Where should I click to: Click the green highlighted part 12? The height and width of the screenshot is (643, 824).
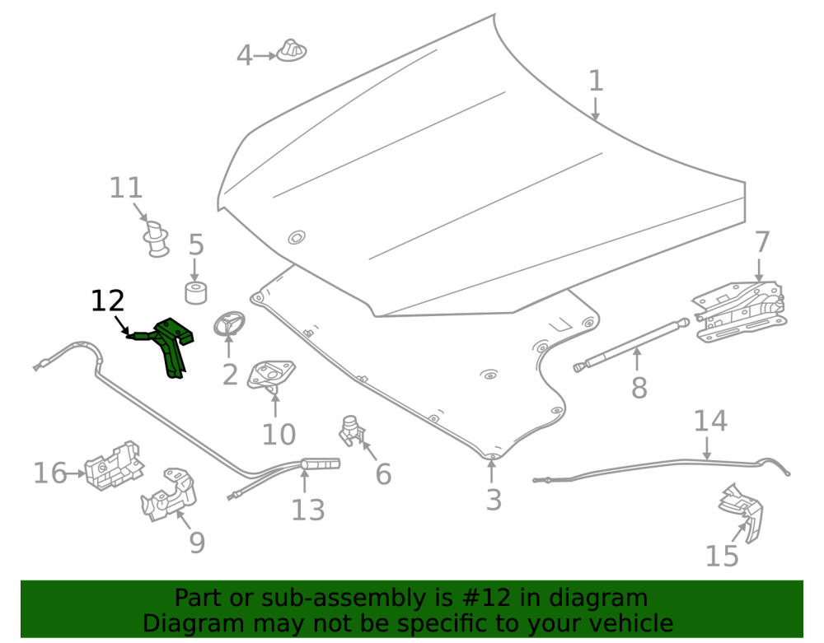tap(171, 344)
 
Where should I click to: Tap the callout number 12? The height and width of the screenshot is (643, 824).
tap(108, 301)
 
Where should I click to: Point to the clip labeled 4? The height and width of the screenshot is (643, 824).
tap(291, 50)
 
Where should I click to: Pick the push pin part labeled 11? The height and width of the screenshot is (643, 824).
tap(156, 240)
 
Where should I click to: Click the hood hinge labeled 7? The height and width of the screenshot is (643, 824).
tap(741, 311)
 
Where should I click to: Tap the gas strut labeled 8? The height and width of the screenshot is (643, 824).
tap(631, 345)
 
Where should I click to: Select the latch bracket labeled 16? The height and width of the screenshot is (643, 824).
tap(115, 466)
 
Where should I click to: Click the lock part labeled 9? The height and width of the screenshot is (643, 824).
tap(169, 495)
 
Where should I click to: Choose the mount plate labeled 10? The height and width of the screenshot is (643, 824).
tap(271, 375)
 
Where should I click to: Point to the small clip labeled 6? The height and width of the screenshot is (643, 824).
tap(351, 431)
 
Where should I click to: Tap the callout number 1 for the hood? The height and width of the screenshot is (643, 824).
tap(596, 81)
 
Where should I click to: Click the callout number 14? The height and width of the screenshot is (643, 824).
tap(710, 421)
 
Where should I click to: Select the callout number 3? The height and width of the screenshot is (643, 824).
tap(494, 500)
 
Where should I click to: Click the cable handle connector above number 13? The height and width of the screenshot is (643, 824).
tap(321, 464)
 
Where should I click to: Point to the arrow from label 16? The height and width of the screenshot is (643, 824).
tap(76, 473)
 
